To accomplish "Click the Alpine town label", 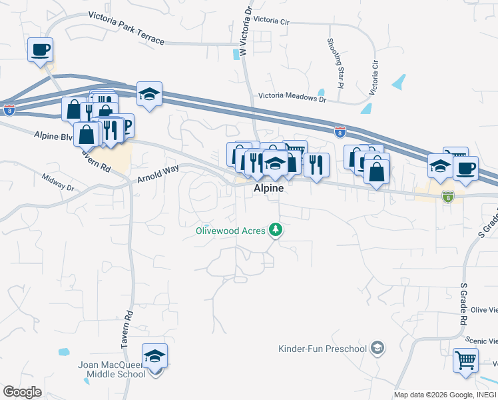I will [x=268, y=189].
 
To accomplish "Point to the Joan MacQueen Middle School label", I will [x=117, y=369].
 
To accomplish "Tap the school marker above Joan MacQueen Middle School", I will [x=154, y=357].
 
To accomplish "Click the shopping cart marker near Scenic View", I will [x=465, y=361].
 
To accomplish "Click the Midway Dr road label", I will [x=57, y=182].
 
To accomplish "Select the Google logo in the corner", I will [x=22, y=392].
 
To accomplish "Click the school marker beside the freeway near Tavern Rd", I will [x=150, y=95].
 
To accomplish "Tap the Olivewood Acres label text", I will [x=230, y=231].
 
